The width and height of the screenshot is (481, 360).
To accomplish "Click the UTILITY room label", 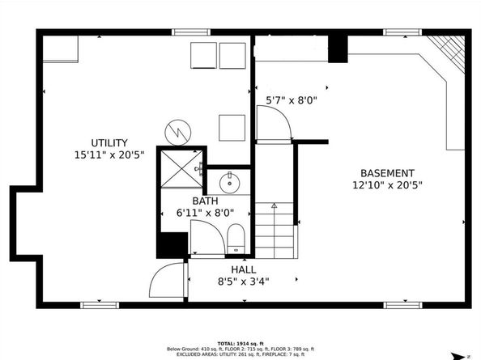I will pyautogui.click(x=109, y=143).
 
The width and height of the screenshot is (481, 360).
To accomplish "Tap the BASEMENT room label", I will pyautogui.click(x=387, y=173).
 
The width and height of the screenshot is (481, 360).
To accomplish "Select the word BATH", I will pyautogui.click(x=204, y=201).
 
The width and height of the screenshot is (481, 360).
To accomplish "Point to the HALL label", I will pyautogui.click(x=243, y=270).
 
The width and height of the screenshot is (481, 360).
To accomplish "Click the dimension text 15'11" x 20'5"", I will pyautogui.click(x=109, y=155).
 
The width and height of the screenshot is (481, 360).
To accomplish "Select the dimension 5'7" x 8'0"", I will pyautogui.click(x=292, y=101).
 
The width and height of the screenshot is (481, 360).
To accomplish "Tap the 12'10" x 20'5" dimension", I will pyautogui.click(x=387, y=185).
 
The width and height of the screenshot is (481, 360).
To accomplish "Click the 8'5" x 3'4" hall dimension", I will pyautogui.click(x=243, y=282).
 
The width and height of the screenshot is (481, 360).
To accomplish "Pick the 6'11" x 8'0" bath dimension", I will pyautogui.click(x=204, y=213).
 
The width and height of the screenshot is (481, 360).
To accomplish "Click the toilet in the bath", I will pyautogui.click(x=236, y=238).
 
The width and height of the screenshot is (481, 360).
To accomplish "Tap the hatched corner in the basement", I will pyautogui.click(x=448, y=51).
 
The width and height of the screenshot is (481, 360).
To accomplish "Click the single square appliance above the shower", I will pyautogui.click(x=232, y=128).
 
